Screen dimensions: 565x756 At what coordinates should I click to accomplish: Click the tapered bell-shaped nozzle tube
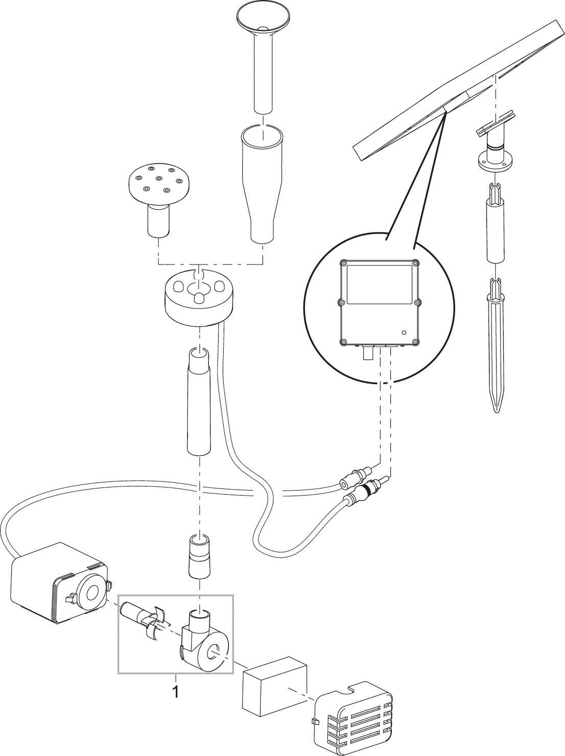[263, 184]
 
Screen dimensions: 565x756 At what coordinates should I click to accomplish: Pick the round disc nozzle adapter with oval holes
[199, 297]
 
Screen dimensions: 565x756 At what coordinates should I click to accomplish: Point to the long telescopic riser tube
[199, 402]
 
